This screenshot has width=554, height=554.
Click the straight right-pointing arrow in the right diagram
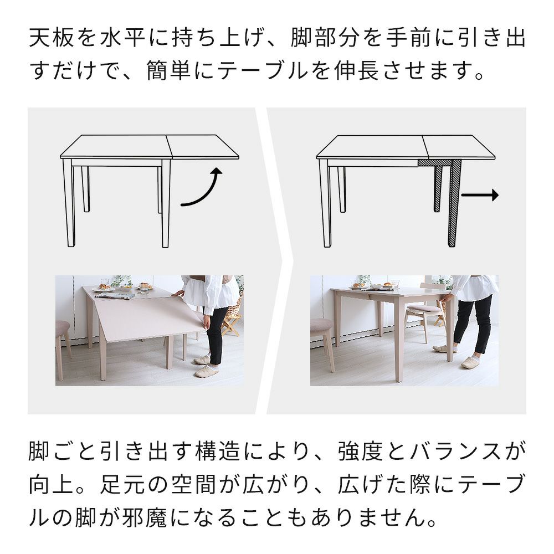[480, 195]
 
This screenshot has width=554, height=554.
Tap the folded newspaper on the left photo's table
[115, 295]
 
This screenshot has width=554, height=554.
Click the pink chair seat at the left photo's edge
[62, 327]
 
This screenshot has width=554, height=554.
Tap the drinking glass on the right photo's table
[394, 284]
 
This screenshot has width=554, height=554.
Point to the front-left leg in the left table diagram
[69, 202]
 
